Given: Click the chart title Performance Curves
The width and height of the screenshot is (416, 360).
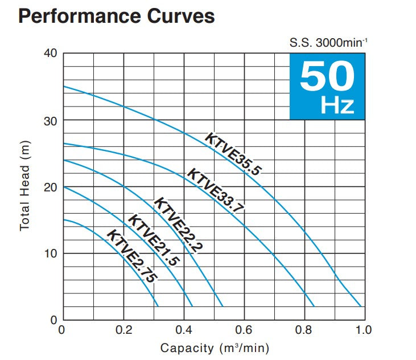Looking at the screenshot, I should [117, 15].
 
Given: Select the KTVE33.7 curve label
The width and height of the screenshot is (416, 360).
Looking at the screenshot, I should [216, 191].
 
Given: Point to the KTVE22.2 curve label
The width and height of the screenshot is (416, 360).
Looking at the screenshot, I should [179, 224].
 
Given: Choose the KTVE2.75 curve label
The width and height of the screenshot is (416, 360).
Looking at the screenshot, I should [131, 256].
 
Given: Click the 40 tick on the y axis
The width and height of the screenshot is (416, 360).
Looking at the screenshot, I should [51, 54].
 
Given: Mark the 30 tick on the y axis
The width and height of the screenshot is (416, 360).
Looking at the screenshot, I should [51, 120].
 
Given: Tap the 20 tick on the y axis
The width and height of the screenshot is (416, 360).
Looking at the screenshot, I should [51, 187].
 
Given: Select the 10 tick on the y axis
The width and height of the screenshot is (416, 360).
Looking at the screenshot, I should [51, 253].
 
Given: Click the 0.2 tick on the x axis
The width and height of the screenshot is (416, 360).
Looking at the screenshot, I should [123, 330].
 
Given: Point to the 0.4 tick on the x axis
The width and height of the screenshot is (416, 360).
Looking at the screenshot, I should [183, 330].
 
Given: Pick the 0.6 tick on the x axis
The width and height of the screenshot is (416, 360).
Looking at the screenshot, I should [244, 330].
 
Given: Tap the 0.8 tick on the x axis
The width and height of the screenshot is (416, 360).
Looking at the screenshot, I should [304, 330].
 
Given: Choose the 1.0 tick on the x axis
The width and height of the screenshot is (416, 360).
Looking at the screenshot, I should [364, 330].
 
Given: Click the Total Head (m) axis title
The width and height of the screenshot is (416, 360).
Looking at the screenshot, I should [24, 186].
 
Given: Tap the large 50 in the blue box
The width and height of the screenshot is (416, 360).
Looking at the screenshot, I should [327, 77].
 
